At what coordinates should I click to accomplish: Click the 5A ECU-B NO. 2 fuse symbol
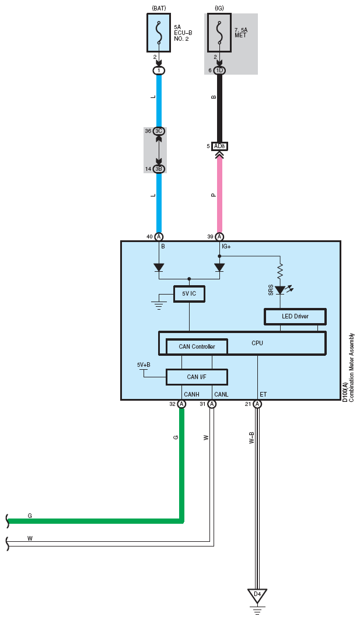tap(159, 33)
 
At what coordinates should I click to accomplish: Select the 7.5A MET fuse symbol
tap(219, 33)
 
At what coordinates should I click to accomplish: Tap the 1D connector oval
tap(219, 71)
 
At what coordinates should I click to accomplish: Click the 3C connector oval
tap(159, 131)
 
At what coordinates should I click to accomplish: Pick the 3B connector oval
tap(159, 169)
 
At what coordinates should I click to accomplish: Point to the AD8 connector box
tap(219, 146)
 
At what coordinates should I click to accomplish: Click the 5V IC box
tap(190, 294)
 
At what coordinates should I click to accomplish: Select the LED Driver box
tap(295, 317)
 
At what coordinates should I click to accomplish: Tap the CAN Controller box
tap(197, 346)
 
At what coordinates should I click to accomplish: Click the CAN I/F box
tap(197, 377)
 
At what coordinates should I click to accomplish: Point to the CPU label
tap(257, 343)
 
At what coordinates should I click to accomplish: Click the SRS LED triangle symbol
tap(280, 290)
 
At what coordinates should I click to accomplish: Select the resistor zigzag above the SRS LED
tap(280, 271)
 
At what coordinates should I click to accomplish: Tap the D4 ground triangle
tap(257, 596)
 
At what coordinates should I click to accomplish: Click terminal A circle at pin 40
tap(159, 237)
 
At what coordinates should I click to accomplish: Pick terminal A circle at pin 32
tap(181, 404)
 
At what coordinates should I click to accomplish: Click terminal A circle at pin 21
tap(257, 404)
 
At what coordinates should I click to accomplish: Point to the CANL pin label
tap(221, 395)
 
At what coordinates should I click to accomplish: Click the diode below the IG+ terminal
tap(219, 268)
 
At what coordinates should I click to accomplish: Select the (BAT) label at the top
tap(159, 8)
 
